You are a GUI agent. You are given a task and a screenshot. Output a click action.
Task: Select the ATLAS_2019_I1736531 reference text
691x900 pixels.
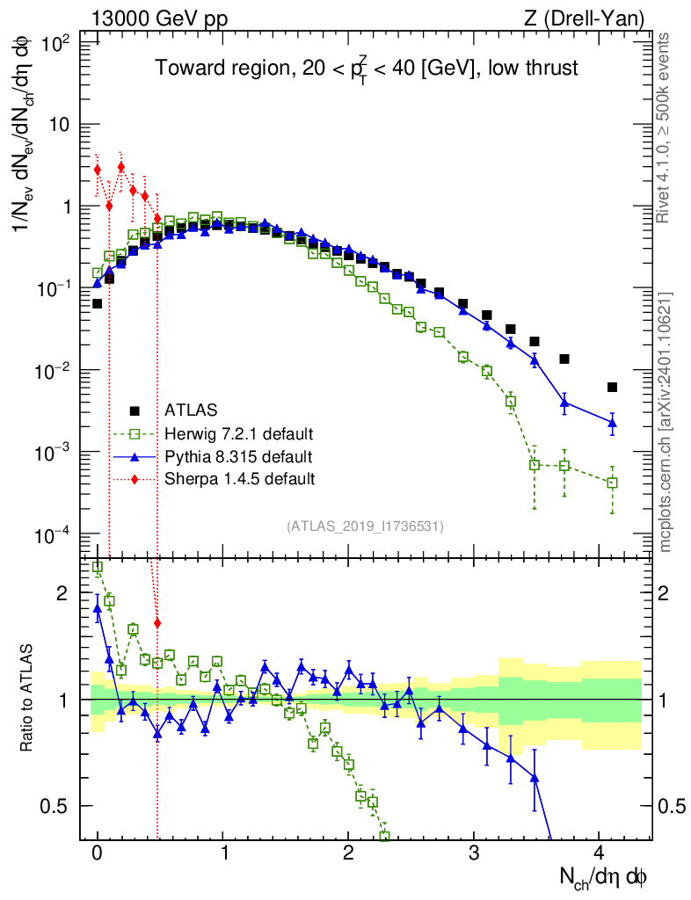click(365, 526)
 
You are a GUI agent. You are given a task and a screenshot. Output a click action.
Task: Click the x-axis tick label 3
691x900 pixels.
click(474, 853)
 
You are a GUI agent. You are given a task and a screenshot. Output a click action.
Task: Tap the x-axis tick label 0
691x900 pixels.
click(98, 853)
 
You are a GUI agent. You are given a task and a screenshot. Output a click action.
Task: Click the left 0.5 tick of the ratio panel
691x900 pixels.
click(57, 807)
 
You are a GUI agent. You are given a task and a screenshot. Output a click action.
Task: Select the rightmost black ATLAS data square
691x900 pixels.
click(612, 387)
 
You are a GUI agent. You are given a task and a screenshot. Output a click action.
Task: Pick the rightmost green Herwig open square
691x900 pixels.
click(612, 483)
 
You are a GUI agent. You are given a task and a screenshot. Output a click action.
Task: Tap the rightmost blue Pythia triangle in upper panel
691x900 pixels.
click(612, 424)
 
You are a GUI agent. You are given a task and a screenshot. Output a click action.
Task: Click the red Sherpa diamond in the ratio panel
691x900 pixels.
click(157, 623)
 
